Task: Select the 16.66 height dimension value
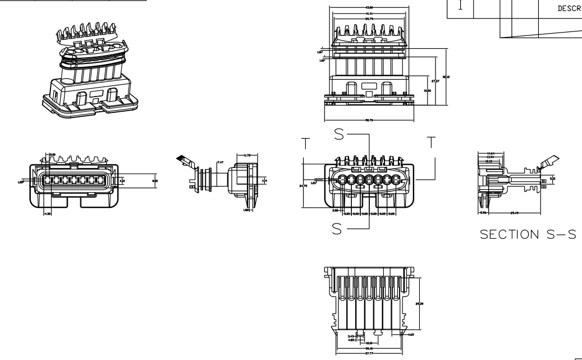tap(428, 90)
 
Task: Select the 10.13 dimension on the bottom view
tap(369, 342)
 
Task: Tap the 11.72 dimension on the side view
tap(246, 155)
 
